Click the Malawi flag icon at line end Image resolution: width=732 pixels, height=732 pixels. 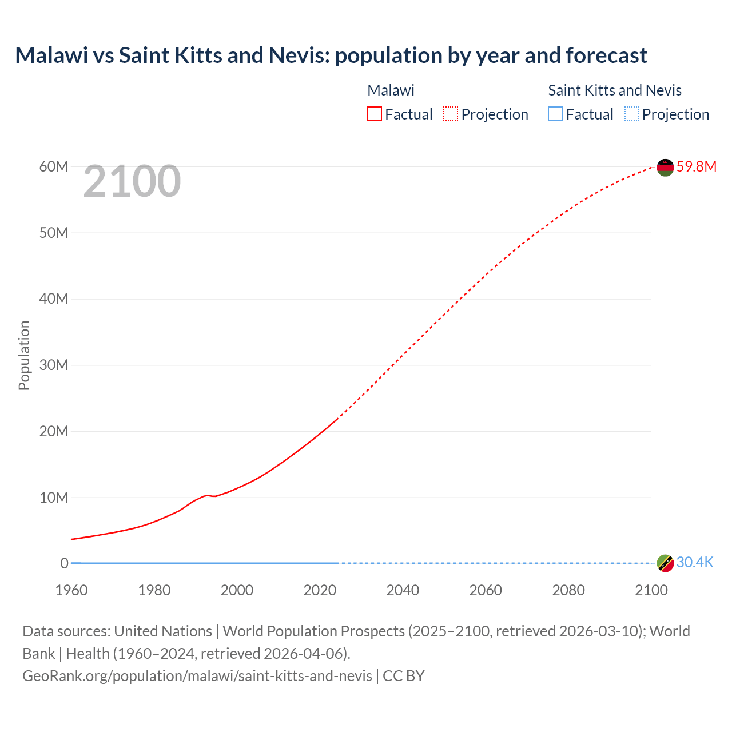[665, 168]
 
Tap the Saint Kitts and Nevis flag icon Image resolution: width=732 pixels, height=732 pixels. [665, 563]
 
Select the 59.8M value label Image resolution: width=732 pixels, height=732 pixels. [696, 166]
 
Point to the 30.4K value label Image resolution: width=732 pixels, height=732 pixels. [695, 563]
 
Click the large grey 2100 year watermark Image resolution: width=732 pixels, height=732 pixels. [132, 182]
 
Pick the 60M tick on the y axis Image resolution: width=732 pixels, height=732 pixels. [54, 166]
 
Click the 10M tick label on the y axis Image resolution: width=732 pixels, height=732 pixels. [54, 498]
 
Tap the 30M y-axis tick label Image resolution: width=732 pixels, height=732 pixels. [54, 365]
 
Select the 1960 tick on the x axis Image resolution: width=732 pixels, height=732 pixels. [71, 590]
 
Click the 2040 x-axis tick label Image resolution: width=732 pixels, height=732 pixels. [403, 590]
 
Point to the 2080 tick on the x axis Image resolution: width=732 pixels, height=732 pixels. [568, 590]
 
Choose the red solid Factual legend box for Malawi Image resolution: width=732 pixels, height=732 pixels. [375, 114]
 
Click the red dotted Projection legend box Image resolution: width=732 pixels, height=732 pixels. [451, 114]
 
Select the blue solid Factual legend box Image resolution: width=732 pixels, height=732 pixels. [555, 114]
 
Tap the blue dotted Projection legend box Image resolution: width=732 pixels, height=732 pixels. [631, 114]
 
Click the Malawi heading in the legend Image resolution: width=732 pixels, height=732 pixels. [391, 90]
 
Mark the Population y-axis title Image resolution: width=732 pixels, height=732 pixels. [24, 355]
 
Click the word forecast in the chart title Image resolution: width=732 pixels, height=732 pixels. [606, 55]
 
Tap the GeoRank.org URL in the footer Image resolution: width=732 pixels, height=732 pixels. [197, 676]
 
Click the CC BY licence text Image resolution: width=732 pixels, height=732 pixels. [404, 676]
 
